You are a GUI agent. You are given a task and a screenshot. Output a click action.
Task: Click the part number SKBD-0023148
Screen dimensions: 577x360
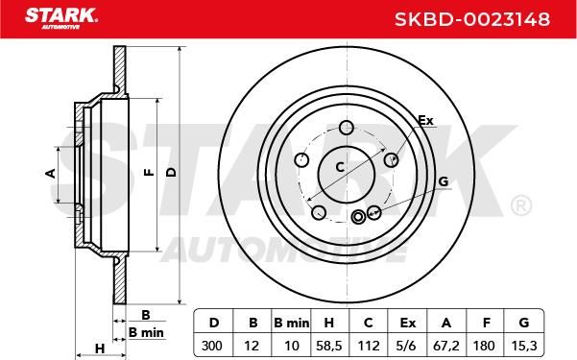pos(472,19)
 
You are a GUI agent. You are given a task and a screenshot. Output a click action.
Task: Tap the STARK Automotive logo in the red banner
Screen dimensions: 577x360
pos(61,18)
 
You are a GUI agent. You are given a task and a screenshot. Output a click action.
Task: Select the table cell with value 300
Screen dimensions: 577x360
pos(212,346)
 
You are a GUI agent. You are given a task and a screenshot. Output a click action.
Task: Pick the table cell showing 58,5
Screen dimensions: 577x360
pos(329,346)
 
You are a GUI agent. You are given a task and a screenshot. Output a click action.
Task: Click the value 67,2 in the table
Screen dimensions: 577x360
pos(446,346)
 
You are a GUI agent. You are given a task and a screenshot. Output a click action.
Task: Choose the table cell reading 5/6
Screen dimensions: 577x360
pos(407,346)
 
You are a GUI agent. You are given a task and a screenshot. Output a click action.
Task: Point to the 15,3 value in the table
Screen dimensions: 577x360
pos(524,346)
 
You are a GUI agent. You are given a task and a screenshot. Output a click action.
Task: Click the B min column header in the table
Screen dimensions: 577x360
pos(292,323)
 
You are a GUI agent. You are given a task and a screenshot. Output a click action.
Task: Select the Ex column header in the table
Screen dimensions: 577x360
pos(407,323)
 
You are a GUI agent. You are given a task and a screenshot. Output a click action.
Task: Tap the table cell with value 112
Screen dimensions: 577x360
pos(368,346)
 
